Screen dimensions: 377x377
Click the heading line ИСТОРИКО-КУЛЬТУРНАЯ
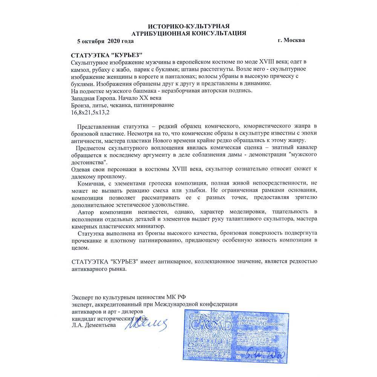point(188,26)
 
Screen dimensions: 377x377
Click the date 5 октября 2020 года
point(105,40)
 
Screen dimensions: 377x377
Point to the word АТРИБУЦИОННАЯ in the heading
point(161,33)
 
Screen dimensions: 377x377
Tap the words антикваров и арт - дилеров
point(107,311)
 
